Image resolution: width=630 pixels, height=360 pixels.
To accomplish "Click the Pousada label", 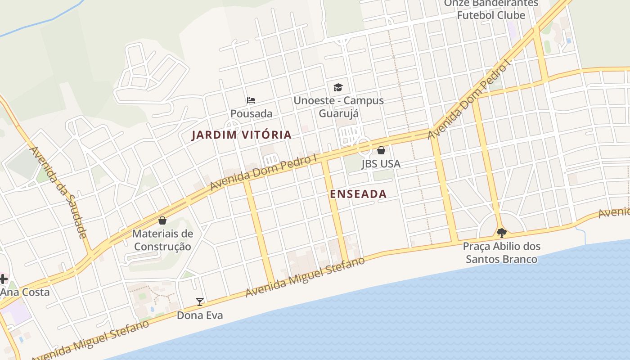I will pyautogui.click(x=251, y=113).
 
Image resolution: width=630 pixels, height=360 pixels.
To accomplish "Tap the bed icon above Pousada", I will pyautogui.click(x=251, y=100).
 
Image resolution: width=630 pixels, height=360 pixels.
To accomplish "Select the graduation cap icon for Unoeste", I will pyautogui.click(x=338, y=87).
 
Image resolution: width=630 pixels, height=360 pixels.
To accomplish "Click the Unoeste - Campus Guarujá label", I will pyautogui.click(x=338, y=107).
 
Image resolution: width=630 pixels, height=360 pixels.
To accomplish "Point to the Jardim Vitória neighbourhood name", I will pyautogui.click(x=242, y=135).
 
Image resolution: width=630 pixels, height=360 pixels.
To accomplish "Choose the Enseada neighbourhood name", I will pyautogui.click(x=358, y=194).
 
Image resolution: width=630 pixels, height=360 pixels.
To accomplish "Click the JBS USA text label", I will pyautogui.click(x=381, y=164).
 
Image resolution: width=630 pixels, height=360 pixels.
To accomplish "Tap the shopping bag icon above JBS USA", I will pyautogui.click(x=381, y=150).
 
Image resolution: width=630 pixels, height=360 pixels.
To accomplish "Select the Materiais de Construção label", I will pyautogui.click(x=162, y=240).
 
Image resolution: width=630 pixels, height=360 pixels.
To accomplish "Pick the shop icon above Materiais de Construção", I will pyautogui.click(x=162, y=220).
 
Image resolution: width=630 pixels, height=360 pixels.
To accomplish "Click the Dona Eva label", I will pyautogui.click(x=199, y=315).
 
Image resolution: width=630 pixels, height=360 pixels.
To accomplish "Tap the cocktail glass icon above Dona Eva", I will pyautogui.click(x=200, y=301).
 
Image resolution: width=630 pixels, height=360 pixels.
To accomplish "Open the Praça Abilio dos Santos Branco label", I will pyautogui.click(x=501, y=253).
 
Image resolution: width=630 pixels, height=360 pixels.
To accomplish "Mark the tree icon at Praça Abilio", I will pyautogui.click(x=501, y=233).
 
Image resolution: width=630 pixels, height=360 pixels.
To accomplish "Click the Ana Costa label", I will pyautogui.click(x=25, y=292).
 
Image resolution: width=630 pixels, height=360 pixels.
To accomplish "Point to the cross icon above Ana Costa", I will pyautogui.click(x=3, y=279).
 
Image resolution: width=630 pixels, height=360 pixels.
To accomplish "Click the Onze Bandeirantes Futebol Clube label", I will pyautogui.click(x=491, y=9).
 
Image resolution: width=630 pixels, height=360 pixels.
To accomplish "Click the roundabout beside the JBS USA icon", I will pyautogui.click(x=364, y=147).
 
